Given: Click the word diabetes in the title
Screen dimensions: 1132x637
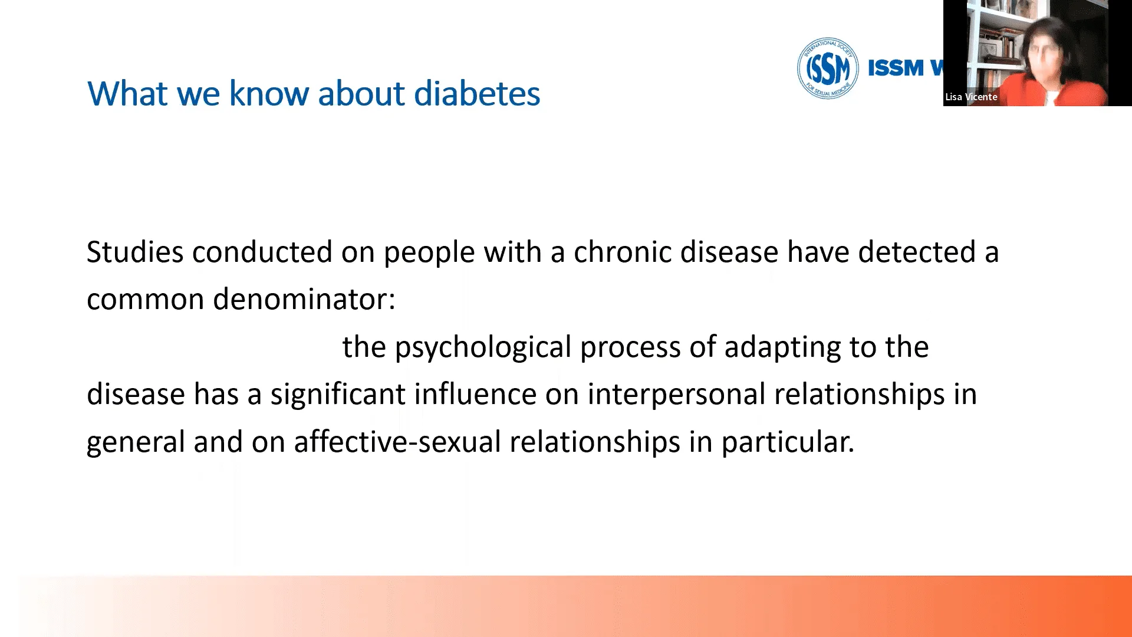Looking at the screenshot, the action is (x=477, y=93).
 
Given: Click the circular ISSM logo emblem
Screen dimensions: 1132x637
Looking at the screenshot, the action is (x=828, y=68).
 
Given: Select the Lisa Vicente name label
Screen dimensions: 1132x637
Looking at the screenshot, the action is (x=971, y=97).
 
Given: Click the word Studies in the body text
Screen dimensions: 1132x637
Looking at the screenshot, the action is (x=135, y=252).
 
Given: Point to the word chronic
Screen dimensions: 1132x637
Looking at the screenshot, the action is (x=623, y=252).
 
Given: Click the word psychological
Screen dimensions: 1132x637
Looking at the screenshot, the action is (x=483, y=347).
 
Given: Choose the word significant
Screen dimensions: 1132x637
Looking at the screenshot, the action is (x=338, y=394).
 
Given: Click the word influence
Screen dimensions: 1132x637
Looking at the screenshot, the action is (x=475, y=394).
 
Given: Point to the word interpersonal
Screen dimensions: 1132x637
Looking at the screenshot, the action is (x=676, y=394).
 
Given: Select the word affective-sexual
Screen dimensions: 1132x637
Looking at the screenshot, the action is (x=397, y=442).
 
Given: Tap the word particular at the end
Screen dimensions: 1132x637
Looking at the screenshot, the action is (x=788, y=442).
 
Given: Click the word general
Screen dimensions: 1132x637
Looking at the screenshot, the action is (x=136, y=442).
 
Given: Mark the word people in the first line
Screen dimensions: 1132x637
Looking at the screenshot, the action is (x=429, y=252).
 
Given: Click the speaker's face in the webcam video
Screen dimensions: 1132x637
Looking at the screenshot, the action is (x=1045, y=51).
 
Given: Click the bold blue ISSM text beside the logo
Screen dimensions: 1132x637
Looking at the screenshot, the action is (x=896, y=68).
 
